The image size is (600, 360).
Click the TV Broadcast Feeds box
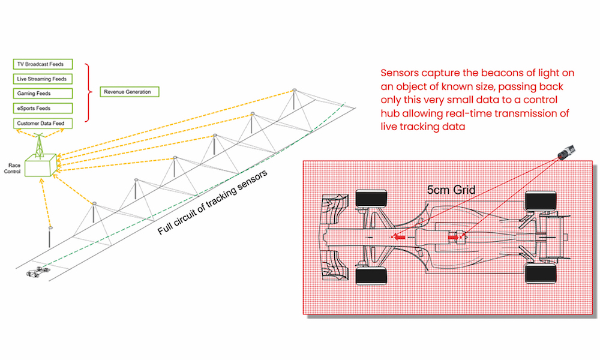tap(42, 64)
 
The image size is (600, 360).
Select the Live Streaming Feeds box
tap(42, 79)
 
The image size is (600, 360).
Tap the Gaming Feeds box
tap(42, 94)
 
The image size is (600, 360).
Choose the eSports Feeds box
tap(42, 108)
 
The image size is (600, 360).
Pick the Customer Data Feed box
tap(42, 123)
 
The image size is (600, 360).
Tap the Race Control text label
tap(13, 167)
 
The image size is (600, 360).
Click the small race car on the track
tap(38, 273)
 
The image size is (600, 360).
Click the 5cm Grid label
tap(451, 190)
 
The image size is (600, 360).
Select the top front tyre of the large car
tap(367, 199)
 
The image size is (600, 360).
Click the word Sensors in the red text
tap(400, 73)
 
